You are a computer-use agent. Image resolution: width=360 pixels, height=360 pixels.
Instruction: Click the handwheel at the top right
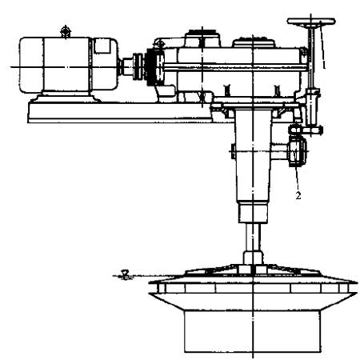pos(311,22)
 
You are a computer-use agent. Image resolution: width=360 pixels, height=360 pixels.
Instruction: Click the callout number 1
pos(324,64)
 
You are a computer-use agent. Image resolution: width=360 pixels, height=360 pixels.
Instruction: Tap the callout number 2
pos(298,195)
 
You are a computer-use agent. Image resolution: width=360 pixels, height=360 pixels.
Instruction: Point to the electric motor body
pos(68,66)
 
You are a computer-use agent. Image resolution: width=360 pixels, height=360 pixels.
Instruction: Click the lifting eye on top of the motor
pos(66,31)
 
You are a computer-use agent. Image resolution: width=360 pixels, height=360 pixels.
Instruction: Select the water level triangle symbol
pos(125,274)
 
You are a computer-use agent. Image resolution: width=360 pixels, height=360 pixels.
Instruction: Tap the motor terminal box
pos(102,46)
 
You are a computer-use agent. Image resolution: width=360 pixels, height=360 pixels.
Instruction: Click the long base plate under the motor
pos(120,113)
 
